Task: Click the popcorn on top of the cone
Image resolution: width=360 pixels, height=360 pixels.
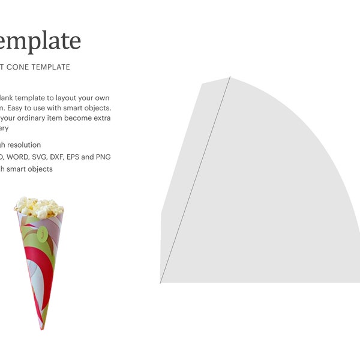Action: pos(38,207)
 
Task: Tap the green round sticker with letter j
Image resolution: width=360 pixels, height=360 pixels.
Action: pos(42,235)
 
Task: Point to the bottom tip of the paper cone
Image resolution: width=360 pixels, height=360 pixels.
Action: pos(42,328)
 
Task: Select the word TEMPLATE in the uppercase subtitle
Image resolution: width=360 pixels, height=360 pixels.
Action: pos(51,67)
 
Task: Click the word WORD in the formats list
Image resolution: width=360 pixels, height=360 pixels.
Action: pos(19,157)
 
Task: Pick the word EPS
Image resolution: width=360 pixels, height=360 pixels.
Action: pos(88,157)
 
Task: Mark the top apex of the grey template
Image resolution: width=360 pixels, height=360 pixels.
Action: pos(230,77)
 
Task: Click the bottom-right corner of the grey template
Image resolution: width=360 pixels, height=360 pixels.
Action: pos(358,282)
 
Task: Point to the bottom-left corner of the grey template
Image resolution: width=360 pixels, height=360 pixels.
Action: pos(161,282)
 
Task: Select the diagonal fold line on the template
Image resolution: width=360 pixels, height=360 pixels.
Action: pos(195,180)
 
